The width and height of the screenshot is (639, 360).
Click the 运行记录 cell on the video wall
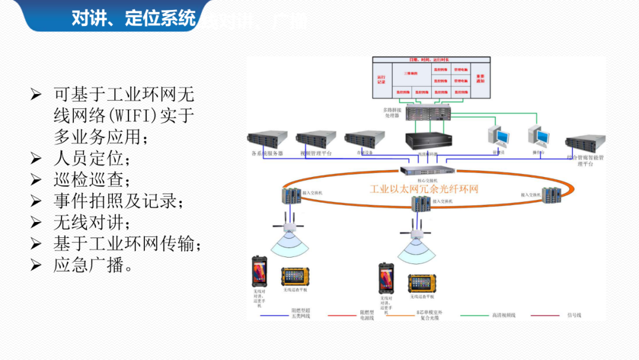(381, 78)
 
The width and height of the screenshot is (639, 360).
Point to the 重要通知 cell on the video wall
(480, 78)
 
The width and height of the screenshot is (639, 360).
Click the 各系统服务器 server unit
(267, 139)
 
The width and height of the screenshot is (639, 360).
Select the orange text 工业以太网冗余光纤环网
(424, 189)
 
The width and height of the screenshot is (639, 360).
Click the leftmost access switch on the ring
(291, 195)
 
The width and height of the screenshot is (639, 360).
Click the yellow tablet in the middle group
(422, 284)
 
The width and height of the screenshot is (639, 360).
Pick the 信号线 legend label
(574, 315)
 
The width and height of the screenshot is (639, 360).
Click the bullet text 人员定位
(91, 159)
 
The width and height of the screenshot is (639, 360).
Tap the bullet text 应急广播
(92, 265)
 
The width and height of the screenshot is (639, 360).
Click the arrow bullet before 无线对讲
(36, 223)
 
